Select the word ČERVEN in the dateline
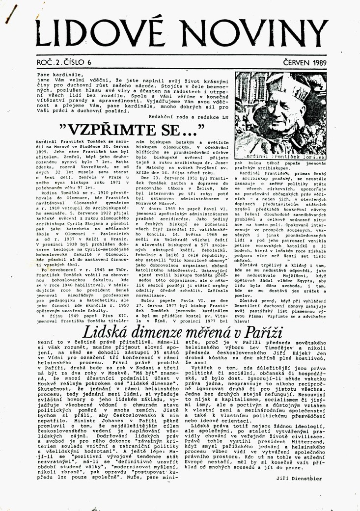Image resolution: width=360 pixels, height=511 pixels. [x=294, y=62]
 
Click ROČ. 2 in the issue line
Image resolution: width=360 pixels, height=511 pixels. [x=47, y=62]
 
